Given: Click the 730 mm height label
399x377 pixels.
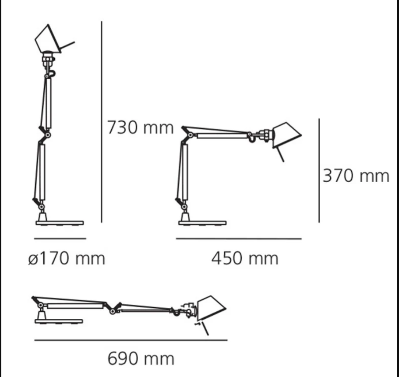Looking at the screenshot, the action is [x=140, y=127].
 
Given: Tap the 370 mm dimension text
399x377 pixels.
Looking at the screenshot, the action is [x=356, y=176].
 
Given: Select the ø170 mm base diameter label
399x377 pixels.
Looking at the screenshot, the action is [x=67, y=259].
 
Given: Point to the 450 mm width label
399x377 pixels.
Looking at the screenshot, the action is [x=245, y=258].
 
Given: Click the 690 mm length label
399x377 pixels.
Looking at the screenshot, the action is [x=141, y=359].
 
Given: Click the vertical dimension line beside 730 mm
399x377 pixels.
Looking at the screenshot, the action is [x=102, y=122].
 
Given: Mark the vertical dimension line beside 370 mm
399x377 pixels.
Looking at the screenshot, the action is [x=319, y=170].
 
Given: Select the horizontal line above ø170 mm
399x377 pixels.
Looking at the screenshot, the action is [x=60, y=239].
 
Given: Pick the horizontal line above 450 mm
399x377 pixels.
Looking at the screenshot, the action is [x=239, y=239].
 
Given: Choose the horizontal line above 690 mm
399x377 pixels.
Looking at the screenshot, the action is [x=131, y=340].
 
